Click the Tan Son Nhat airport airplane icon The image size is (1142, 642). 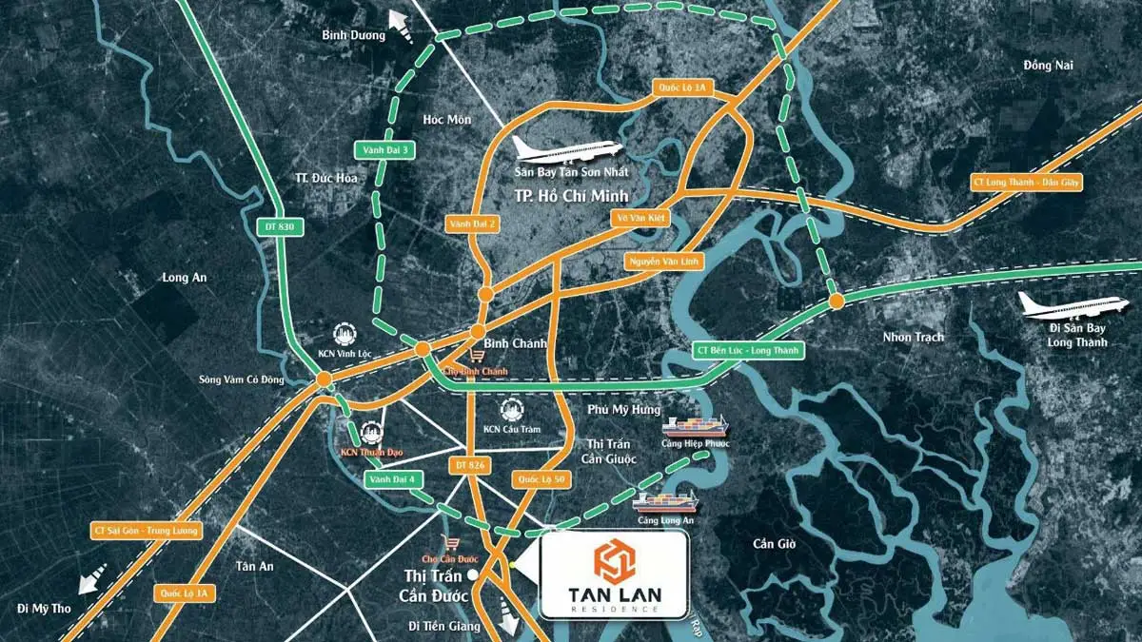click(x=567, y=149)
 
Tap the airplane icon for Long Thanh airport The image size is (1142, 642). click(x=1060, y=306)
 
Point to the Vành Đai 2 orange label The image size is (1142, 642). click(x=473, y=224)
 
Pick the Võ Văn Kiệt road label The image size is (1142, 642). click(x=642, y=218)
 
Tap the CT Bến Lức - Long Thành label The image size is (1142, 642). click(x=748, y=351)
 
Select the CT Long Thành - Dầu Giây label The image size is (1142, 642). click(x=1026, y=181)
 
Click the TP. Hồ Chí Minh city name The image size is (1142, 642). click(x=567, y=198)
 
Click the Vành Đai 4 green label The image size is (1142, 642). click(x=393, y=480)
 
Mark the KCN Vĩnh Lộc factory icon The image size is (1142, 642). click(x=344, y=335)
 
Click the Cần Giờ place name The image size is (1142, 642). click(x=774, y=544)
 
